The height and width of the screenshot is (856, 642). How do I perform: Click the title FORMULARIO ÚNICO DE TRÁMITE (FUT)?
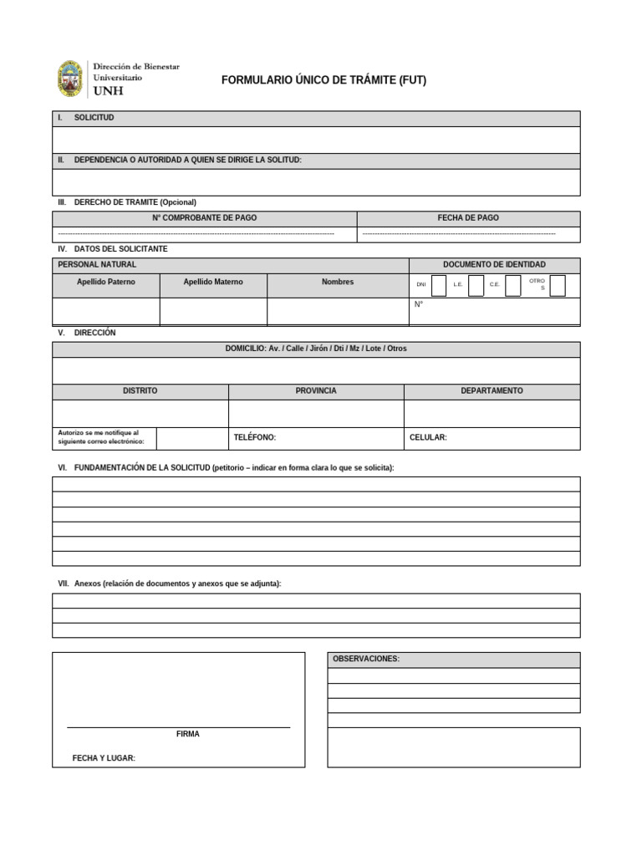pyautogui.click(x=324, y=80)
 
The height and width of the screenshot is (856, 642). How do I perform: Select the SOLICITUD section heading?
pyautogui.click(x=94, y=118)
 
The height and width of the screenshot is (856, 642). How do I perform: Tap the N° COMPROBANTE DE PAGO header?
pyautogui.click(x=204, y=218)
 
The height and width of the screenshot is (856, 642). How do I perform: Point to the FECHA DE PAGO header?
pyautogui.click(x=468, y=218)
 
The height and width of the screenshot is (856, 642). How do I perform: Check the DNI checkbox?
pyautogui.click(x=438, y=285)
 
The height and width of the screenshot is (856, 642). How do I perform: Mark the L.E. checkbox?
pyautogui.click(x=476, y=285)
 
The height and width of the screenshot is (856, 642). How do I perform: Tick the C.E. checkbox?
pyautogui.click(x=513, y=285)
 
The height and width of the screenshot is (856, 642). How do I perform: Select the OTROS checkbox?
pyautogui.click(x=558, y=285)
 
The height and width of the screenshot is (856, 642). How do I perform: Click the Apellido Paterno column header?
pyautogui.click(x=105, y=283)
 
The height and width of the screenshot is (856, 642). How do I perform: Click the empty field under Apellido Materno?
pyautogui.click(x=213, y=311)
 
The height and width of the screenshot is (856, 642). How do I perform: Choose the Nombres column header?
pyautogui.click(x=338, y=283)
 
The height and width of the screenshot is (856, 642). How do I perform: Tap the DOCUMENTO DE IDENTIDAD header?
pyautogui.click(x=494, y=265)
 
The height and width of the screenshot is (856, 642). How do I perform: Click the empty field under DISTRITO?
pyautogui.click(x=140, y=413)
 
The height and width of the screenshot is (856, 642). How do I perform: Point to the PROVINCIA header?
pyautogui.click(x=316, y=391)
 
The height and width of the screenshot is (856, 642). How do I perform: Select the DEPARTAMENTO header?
pyautogui.click(x=492, y=391)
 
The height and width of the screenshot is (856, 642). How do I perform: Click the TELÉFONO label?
pyautogui.click(x=254, y=437)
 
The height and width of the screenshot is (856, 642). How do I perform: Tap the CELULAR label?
pyautogui.click(x=428, y=437)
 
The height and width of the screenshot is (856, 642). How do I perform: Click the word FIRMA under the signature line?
pyautogui.click(x=188, y=734)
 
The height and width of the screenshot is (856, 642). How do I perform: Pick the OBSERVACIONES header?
pyautogui.click(x=366, y=660)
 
